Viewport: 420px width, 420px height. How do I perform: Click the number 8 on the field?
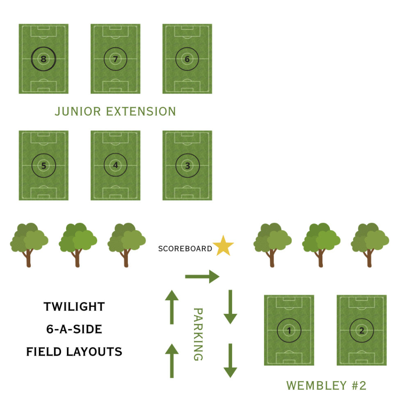43,59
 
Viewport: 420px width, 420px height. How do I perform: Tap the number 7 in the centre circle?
116,59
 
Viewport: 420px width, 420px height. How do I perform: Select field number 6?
187,59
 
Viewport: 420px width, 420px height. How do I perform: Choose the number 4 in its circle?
116,166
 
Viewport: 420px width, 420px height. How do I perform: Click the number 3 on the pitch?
187,166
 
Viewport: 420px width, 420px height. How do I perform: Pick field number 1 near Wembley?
289,330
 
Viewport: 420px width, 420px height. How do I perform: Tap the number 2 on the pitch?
361,330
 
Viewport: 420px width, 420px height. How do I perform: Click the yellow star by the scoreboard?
224,247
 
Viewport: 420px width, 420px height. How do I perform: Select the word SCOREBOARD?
185,249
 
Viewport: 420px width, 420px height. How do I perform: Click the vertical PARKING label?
198,334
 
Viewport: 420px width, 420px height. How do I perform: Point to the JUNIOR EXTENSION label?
115,111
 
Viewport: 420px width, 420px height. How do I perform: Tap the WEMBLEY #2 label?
326,386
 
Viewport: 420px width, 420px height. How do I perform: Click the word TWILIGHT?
74,307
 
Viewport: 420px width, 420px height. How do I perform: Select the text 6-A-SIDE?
74,329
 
